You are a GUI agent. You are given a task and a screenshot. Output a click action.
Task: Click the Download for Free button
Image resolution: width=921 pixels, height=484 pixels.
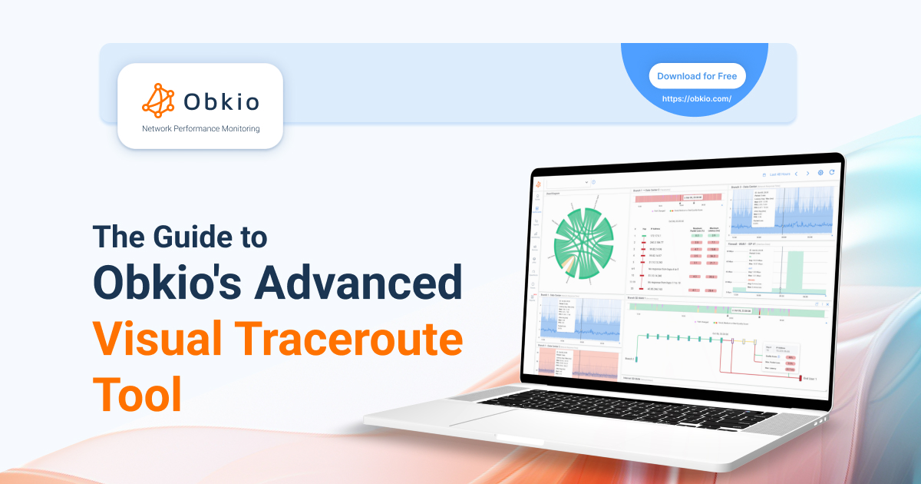pyautogui.click(x=697, y=76)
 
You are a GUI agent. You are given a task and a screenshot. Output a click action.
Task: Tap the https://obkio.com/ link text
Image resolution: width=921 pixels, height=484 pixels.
pyautogui.click(x=697, y=99)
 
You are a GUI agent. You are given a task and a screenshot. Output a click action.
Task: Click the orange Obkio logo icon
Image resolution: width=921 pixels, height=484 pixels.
pyautogui.click(x=158, y=98)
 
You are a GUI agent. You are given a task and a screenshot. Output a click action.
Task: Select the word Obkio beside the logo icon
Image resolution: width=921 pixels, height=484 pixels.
pyautogui.click(x=221, y=101)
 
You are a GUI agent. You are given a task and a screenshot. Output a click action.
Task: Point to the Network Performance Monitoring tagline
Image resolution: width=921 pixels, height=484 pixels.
pyautogui.click(x=200, y=128)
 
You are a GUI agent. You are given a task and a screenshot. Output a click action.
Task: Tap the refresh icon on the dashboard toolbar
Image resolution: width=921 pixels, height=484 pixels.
pyautogui.click(x=831, y=174)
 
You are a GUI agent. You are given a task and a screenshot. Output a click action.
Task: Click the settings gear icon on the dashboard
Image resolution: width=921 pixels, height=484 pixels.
pyautogui.click(x=820, y=174)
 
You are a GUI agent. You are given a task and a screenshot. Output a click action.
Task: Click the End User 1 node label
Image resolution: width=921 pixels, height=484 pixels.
pyautogui.click(x=816, y=379)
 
